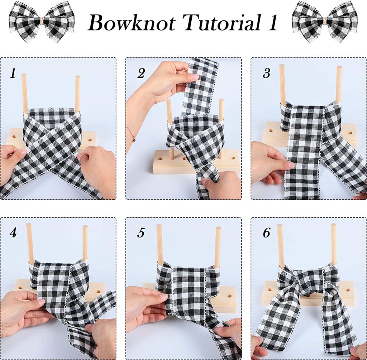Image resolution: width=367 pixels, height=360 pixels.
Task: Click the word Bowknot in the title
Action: [132, 23]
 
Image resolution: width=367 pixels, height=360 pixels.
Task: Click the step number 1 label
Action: [13, 73]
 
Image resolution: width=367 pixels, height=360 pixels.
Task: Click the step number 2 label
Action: [141, 73]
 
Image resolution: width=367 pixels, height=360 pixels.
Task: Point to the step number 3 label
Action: [266, 73]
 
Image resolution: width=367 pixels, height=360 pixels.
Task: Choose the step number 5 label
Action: [141, 233]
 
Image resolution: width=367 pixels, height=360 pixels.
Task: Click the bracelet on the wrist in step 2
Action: [132, 134]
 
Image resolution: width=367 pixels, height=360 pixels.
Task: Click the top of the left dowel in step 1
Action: [23, 75]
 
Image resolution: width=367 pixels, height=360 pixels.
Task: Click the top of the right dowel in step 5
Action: [218, 228]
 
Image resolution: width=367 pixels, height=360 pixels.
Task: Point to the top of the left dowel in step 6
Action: [280, 225]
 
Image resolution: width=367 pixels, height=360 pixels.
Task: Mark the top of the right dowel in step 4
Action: [85, 227]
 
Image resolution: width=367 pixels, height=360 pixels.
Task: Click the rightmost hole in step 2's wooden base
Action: [233, 158]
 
